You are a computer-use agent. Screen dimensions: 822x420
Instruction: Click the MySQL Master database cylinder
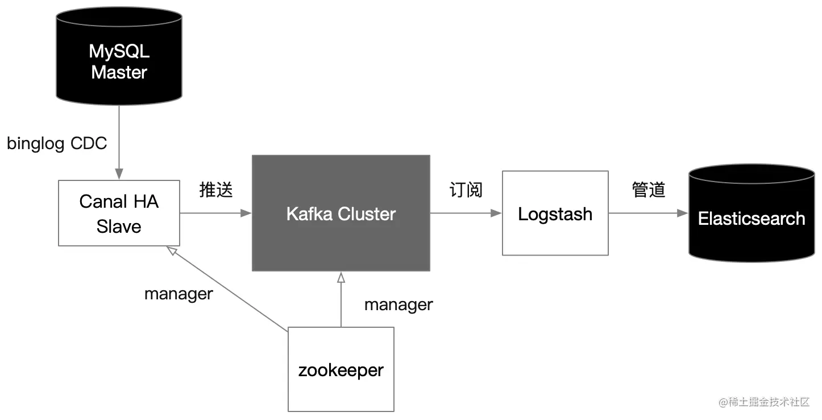click(119, 56)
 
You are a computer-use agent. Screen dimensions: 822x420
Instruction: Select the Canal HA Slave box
click(119, 213)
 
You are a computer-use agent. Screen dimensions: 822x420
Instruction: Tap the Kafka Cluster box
click(341, 213)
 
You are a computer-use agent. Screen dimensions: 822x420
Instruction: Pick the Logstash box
click(555, 213)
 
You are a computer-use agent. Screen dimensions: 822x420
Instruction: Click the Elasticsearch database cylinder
click(752, 213)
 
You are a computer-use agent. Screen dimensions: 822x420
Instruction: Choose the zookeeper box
click(341, 369)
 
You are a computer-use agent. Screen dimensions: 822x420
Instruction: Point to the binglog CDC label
click(57, 143)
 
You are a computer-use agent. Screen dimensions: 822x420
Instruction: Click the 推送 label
click(216, 190)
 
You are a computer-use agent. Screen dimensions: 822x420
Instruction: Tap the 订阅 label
click(466, 190)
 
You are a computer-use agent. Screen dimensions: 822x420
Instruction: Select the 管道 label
click(649, 190)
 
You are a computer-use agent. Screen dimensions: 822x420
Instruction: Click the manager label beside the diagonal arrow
click(178, 294)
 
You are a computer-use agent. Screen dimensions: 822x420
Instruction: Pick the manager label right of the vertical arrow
click(398, 305)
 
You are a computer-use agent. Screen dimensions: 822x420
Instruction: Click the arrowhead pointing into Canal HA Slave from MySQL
click(119, 174)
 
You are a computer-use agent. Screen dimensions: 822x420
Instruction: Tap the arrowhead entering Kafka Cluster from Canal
click(246, 213)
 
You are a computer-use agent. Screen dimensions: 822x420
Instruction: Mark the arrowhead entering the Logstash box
click(496, 213)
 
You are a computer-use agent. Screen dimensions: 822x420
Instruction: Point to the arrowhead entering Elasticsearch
click(683, 213)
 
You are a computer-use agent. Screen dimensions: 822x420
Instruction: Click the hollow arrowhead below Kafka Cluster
click(341, 277)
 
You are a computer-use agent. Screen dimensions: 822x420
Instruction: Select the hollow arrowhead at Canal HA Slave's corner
click(172, 250)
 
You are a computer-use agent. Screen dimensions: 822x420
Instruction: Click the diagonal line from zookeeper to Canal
click(227, 289)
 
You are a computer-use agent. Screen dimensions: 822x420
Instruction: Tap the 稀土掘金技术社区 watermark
click(764, 402)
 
